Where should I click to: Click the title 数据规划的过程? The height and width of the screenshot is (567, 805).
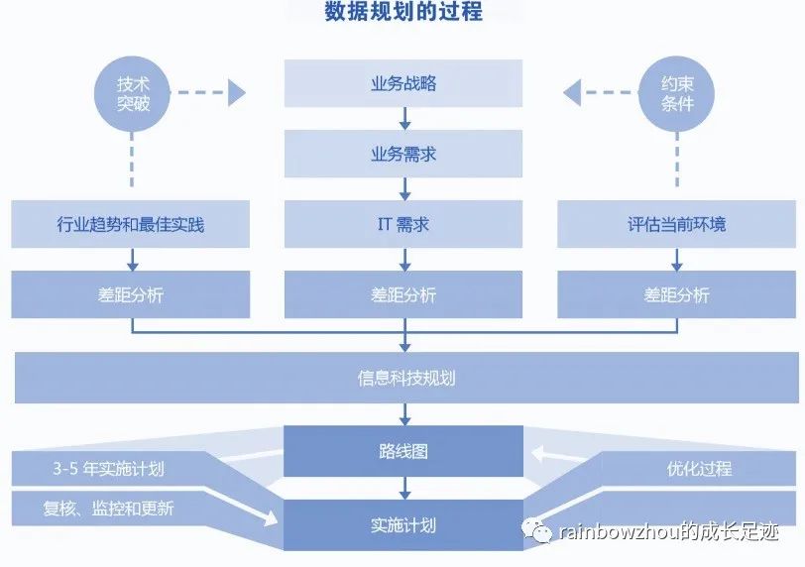point(403,13)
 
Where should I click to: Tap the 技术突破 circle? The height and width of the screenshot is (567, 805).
point(134,93)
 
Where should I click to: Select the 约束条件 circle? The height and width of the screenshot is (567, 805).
point(677,93)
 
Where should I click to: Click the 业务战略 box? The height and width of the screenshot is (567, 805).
point(403,83)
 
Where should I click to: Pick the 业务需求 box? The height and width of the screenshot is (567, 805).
point(403,154)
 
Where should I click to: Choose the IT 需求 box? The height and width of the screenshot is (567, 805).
point(403,224)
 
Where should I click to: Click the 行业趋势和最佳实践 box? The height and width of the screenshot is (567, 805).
point(131,224)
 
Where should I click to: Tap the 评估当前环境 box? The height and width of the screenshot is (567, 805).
point(676,224)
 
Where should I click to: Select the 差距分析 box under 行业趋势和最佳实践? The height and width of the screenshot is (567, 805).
point(131,294)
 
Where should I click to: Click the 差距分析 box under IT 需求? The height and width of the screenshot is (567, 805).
point(403,294)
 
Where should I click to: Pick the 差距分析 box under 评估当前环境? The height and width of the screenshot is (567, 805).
point(676,294)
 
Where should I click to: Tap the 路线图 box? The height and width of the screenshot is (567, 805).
point(403,451)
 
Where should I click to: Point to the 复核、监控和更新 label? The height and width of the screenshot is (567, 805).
point(109,509)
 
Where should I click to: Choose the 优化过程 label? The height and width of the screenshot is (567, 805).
point(699,469)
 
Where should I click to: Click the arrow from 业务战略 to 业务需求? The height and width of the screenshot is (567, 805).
point(403,119)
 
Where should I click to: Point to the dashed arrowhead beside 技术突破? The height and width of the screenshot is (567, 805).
point(236,93)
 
